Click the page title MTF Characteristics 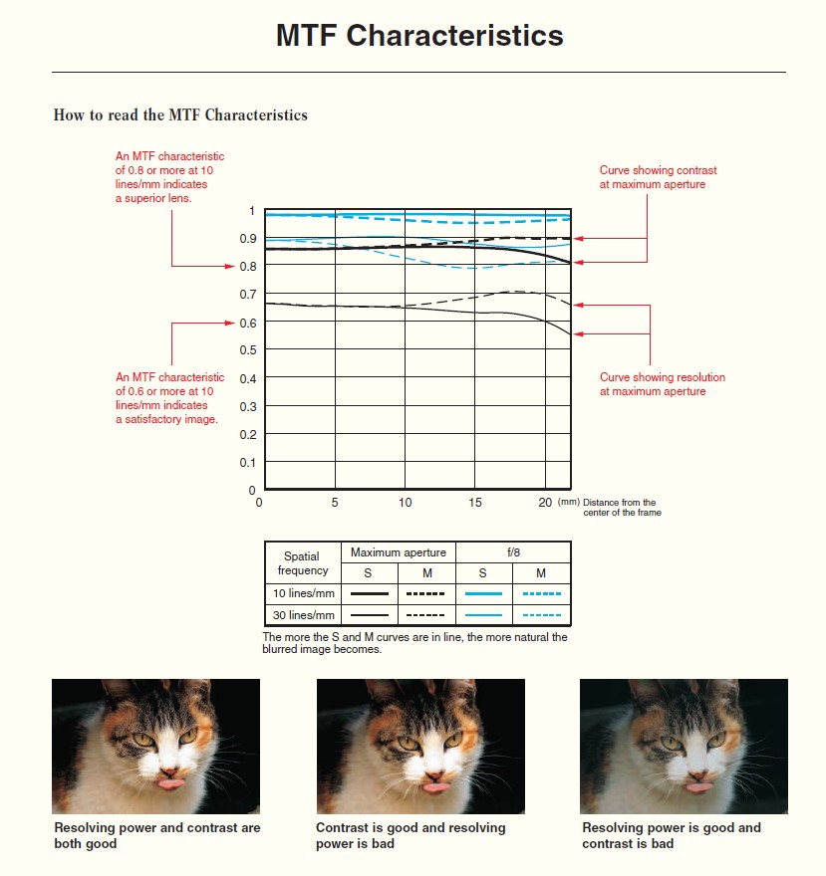pos(419,36)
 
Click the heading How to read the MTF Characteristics pos(180,115)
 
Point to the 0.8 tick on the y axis pos(245,267)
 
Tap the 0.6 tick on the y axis pos(245,323)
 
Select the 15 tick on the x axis pos(475,503)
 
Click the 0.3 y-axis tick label pos(245,406)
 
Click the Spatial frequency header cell pos(303,563)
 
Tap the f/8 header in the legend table pos(513,552)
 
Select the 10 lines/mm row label pos(303,594)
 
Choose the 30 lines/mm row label pos(303,615)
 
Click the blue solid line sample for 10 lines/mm pos(484,594)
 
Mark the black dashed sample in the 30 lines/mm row pos(426,615)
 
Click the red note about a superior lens pos(169,177)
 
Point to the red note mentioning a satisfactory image pos(169,398)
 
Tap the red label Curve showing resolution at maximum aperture pos(663,384)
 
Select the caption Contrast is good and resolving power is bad pos(411,835)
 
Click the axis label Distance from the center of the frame pos(620,508)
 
